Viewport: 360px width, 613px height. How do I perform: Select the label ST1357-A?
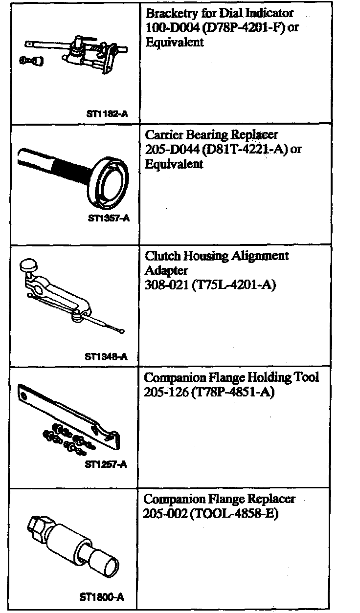point(109,219)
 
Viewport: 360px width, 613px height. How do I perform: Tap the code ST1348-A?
point(106,356)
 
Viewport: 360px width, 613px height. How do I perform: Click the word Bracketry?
point(169,14)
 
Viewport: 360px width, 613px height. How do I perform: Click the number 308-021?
point(163,285)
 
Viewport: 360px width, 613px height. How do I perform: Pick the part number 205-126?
point(164,392)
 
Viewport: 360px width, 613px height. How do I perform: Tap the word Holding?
point(270,377)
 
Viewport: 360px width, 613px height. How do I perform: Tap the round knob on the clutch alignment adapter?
point(28,266)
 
